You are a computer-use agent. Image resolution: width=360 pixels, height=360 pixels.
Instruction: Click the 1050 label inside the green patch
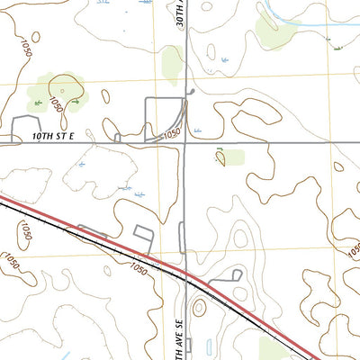57,104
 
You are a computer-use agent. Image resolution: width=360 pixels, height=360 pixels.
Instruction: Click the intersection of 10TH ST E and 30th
185,141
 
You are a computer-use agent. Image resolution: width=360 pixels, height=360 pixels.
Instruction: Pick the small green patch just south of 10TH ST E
230,157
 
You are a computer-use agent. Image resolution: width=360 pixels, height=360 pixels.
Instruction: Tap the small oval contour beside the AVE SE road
199,307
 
